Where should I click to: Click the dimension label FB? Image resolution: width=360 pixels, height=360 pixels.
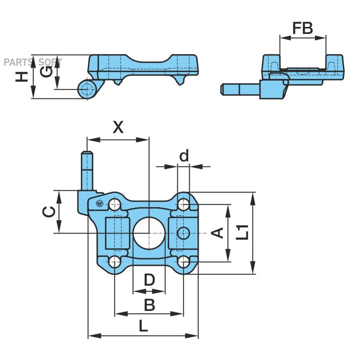pyautogui.click(x=302, y=29)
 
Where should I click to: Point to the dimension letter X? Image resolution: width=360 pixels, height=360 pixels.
pyautogui.click(x=118, y=128)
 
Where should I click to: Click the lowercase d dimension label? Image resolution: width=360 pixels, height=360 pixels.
pyautogui.click(x=184, y=156)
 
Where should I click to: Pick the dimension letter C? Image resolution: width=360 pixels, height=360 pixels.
pyautogui.click(x=48, y=212)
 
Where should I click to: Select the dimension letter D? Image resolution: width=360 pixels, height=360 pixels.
pyautogui.click(x=149, y=280)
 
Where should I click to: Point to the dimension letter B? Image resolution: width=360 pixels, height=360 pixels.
pyautogui.click(x=149, y=306)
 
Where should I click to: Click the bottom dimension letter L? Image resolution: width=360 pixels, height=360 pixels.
pyautogui.click(x=143, y=326)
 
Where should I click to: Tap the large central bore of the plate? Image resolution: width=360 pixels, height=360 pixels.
pyautogui.click(x=149, y=233)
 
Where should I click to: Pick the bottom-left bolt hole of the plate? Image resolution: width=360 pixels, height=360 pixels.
pyautogui.click(x=115, y=262)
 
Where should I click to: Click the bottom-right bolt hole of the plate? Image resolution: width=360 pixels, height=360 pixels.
pyautogui.click(x=184, y=262)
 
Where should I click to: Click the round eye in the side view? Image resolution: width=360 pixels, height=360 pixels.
pyautogui.click(x=86, y=90)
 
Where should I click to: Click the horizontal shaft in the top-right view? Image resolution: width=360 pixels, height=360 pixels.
pyautogui.click(x=240, y=89)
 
